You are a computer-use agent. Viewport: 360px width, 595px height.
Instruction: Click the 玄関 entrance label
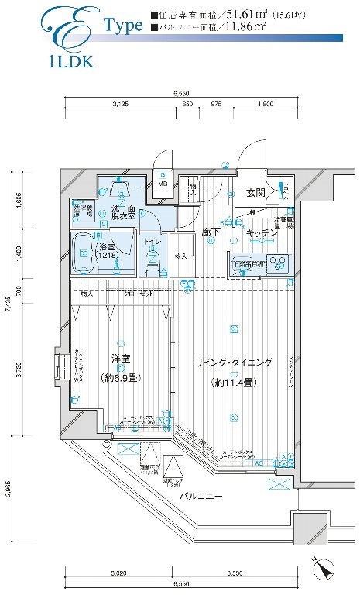[256, 192]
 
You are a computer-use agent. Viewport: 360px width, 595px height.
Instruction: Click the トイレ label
[151, 242]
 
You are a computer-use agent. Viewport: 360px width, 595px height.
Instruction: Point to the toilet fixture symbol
[152, 263]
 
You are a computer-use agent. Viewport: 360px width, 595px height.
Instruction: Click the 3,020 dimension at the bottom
[118, 573]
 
